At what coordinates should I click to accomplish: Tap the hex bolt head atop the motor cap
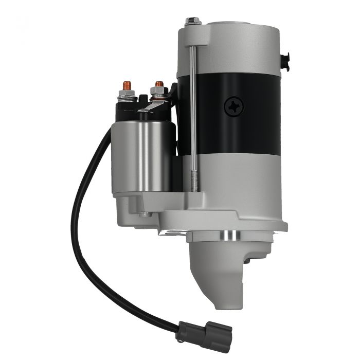coord(194,21)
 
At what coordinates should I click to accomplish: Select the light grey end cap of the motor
coord(229,46)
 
